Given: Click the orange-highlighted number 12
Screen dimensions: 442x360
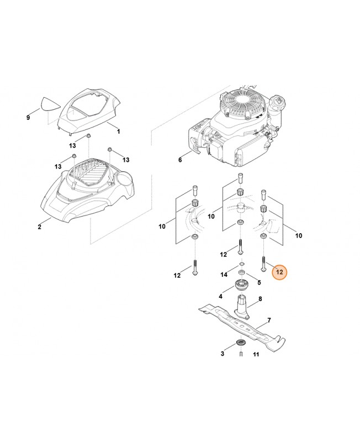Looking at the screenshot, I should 279,272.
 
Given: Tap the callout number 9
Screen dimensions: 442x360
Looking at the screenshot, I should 28,118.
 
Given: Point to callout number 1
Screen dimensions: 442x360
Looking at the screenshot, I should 118,131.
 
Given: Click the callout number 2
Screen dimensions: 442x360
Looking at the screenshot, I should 39,227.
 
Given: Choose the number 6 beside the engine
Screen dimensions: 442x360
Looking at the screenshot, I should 179,160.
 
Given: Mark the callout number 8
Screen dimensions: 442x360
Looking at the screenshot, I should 260,299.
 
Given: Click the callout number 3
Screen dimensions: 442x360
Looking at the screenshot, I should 223,352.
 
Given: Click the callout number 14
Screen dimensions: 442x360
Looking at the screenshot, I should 224,275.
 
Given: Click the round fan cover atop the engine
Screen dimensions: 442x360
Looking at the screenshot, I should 243,104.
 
